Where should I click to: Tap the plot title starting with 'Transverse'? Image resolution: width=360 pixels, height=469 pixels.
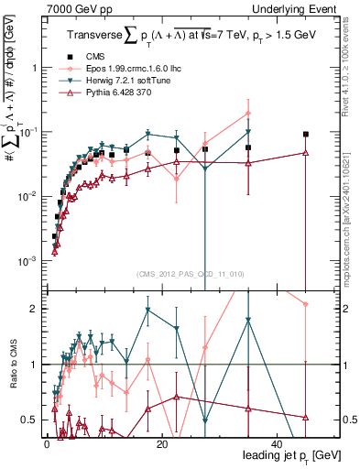pyautogui.click(x=191, y=36)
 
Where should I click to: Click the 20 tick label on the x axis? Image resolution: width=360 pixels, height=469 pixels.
pyautogui.click(x=161, y=444)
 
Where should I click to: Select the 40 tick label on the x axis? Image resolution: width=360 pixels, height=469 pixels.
pyautogui.click(x=278, y=444)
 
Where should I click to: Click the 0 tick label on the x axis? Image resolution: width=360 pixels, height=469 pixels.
pyautogui.click(x=46, y=444)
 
